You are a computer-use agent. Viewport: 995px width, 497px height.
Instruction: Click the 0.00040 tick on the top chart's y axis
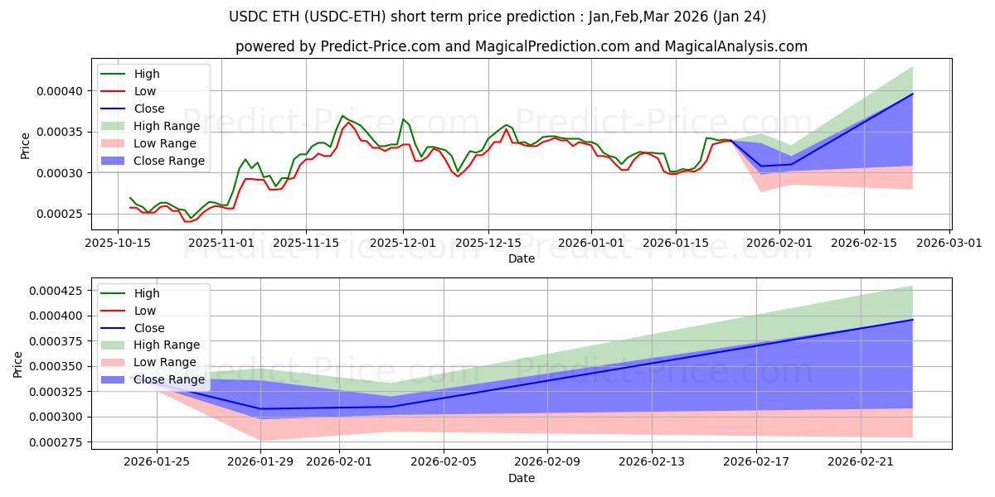point(64,90)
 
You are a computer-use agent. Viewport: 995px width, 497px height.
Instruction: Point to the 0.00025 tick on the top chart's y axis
point(64,214)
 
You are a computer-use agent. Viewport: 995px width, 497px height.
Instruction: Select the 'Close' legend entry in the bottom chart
point(149,328)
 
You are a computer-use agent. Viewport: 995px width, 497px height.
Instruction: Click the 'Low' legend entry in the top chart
point(145,91)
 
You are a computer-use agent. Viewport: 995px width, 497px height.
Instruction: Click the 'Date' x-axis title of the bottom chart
point(521,478)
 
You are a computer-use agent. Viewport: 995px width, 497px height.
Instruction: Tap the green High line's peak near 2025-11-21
point(342,116)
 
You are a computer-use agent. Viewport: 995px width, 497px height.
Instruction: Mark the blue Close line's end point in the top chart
point(912,94)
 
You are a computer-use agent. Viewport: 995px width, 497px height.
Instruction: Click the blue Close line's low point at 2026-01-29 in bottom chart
point(261,408)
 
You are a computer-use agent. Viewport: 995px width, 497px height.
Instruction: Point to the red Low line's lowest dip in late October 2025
point(187,221)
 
